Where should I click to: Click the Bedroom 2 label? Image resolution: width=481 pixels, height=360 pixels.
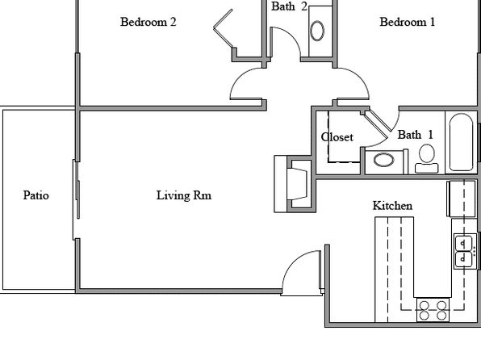[148, 22]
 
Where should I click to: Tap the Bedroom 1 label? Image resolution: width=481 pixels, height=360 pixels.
[407, 22]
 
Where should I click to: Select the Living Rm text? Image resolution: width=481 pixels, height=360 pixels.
[184, 195]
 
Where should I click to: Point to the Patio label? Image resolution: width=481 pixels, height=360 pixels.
[36, 195]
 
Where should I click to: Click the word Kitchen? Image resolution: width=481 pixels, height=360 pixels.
[392, 206]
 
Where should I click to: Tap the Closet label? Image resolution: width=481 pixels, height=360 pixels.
[337, 137]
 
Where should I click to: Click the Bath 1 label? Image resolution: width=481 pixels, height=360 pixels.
[416, 135]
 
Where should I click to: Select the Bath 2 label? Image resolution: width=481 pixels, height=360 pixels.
[289, 6]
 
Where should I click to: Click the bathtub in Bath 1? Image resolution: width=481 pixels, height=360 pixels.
[461, 142]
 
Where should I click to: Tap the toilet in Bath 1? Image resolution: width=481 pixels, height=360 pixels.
[426, 159]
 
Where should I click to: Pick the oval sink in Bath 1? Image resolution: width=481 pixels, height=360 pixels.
[384, 160]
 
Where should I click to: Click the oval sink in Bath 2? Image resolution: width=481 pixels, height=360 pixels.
[317, 31]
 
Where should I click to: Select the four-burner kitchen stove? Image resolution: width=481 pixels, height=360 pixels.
[433, 310]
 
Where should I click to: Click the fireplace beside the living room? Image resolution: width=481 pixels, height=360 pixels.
[295, 184]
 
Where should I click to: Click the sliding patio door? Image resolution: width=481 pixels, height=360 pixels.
[77, 199]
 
